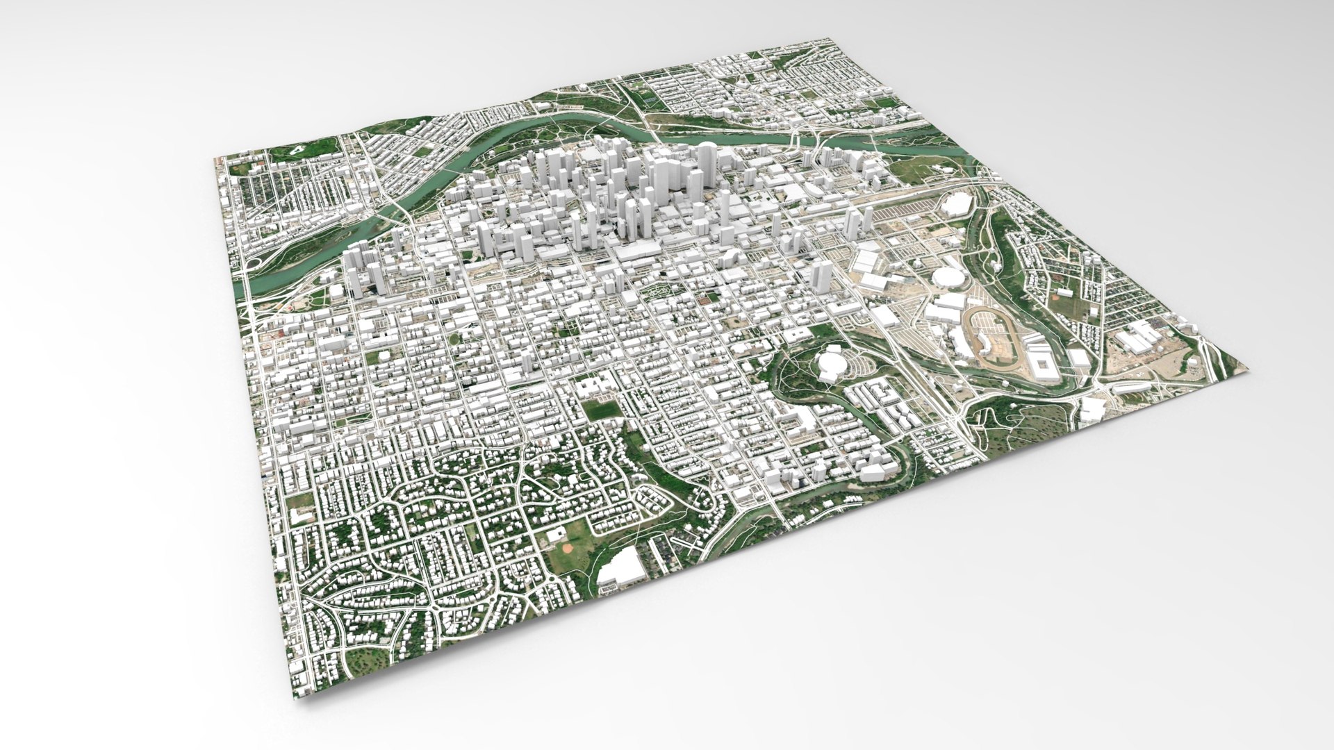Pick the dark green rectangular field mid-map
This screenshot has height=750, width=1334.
600,410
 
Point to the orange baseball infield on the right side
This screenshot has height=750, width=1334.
1061,295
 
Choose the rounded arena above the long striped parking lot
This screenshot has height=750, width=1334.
956,203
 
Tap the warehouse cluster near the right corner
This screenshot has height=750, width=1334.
1139,337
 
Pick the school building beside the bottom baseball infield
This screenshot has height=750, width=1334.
556,533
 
